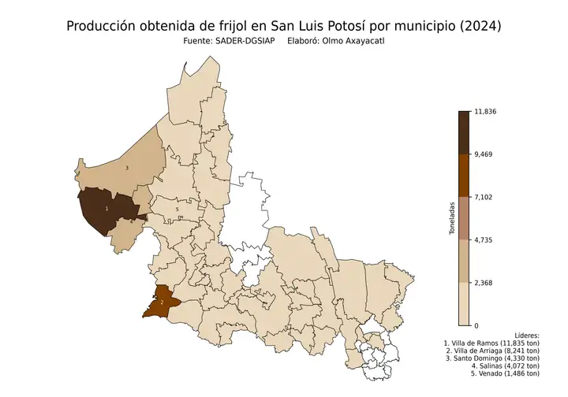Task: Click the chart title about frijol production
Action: point(284,26)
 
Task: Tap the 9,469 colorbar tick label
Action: point(483,154)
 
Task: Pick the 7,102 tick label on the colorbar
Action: point(483,197)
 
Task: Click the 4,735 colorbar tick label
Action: point(483,239)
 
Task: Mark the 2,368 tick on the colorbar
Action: point(483,282)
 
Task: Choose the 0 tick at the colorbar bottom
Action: point(476,325)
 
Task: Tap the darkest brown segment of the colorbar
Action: point(464,132)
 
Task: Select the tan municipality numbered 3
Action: point(130,165)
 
